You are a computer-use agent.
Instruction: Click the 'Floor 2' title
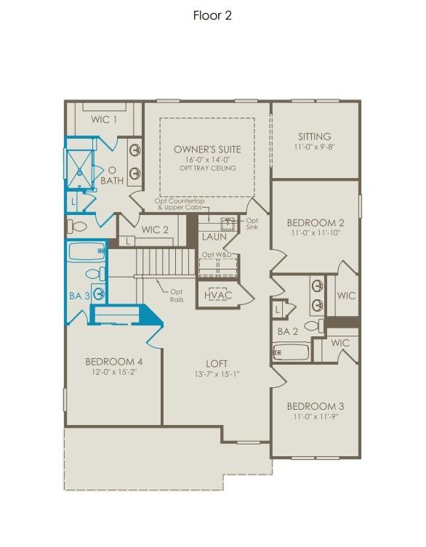[x=212, y=15]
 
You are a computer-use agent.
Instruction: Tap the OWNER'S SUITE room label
[x=207, y=149]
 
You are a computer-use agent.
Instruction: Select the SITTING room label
[x=315, y=137]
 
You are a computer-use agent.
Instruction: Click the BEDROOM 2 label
[x=315, y=223]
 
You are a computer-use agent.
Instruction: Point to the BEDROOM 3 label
[x=315, y=406]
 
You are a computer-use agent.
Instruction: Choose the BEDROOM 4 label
[x=113, y=361]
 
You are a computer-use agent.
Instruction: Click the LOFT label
[x=217, y=363]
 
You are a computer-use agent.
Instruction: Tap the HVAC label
[x=217, y=296]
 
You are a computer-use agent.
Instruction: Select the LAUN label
[x=214, y=237]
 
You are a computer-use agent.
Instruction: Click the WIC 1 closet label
[x=105, y=119]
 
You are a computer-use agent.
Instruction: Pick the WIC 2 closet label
[x=155, y=230]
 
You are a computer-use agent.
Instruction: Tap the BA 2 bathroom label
[x=288, y=331]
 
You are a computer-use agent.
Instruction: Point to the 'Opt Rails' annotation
[x=177, y=296]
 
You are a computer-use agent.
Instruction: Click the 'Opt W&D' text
[x=217, y=255]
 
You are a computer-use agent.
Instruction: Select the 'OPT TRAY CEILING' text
[x=207, y=169]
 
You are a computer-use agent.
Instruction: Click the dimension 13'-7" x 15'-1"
[x=217, y=374]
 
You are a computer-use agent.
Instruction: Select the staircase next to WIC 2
[x=166, y=261]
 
